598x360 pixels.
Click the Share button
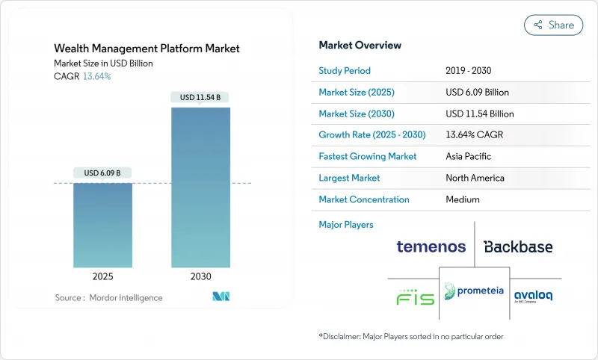tap(555, 25)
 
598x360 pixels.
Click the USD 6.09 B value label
tap(103, 173)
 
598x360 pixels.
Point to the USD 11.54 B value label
tap(200, 97)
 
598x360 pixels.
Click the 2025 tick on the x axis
tap(103, 276)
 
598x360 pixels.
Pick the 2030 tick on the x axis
tap(200, 276)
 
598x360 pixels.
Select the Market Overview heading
tap(360, 45)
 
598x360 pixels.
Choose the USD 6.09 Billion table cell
tap(477, 93)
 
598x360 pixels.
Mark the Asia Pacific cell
tap(467, 157)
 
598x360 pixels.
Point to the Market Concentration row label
tap(364, 199)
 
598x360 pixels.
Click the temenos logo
tap(431, 246)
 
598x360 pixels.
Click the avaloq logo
tap(533, 296)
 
